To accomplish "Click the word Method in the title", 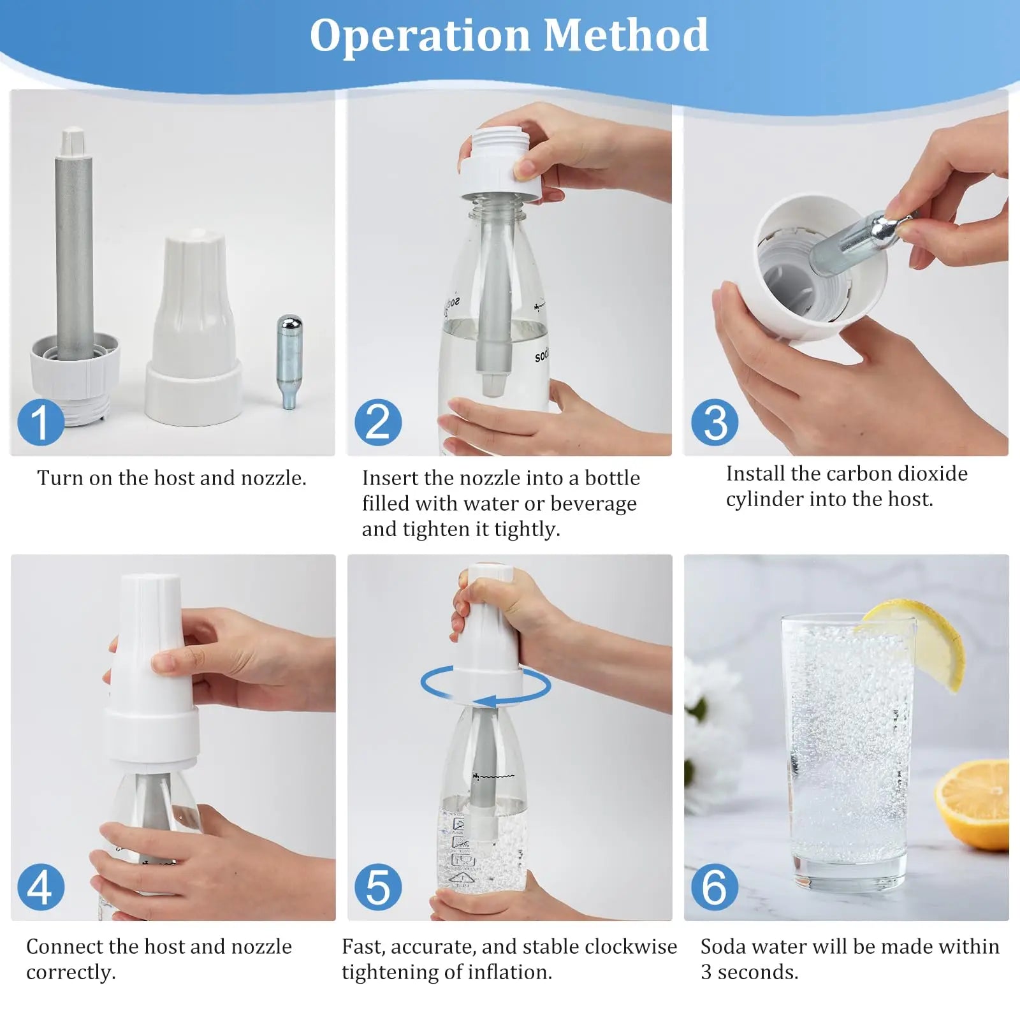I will (626, 36).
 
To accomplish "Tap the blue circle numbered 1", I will (40, 422).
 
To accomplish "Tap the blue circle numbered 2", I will (378, 422).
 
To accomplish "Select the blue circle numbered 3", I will (715, 422).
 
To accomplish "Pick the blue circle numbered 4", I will (40, 887).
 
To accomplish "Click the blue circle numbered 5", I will (378, 887).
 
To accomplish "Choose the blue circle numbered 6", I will (715, 887).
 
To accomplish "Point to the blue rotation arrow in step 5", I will (486, 685).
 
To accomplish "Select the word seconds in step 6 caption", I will (758, 972).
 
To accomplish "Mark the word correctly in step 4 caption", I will (70, 972).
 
